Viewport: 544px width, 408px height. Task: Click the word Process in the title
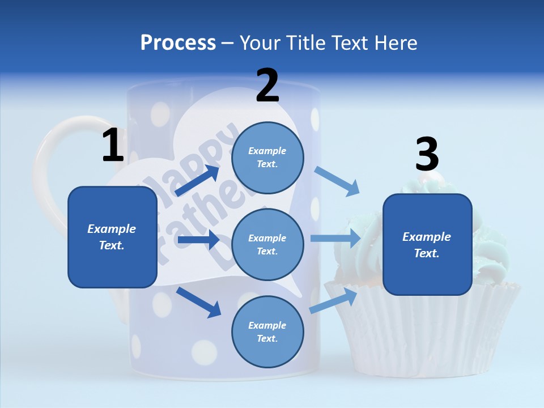[x=178, y=43]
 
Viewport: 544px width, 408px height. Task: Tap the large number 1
[x=113, y=146]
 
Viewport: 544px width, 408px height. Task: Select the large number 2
[x=267, y=86]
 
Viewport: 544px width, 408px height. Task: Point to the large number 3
[x=427, y=155]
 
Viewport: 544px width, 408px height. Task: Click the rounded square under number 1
[x=112, y=237]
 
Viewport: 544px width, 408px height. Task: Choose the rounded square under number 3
[x=427, y=245]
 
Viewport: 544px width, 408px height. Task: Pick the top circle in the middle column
[x=267, y=158]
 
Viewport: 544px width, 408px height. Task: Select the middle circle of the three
[x=267, y=244]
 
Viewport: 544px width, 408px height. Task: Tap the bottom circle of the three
[x=267, y=331]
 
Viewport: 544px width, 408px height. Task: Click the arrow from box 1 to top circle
[x=197, y=181]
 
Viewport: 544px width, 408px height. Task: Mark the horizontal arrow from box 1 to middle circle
[x=198, y=240]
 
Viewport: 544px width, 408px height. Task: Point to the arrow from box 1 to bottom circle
[x=198, y=302]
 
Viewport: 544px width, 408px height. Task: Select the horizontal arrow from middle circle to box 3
[x=335, y=239]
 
